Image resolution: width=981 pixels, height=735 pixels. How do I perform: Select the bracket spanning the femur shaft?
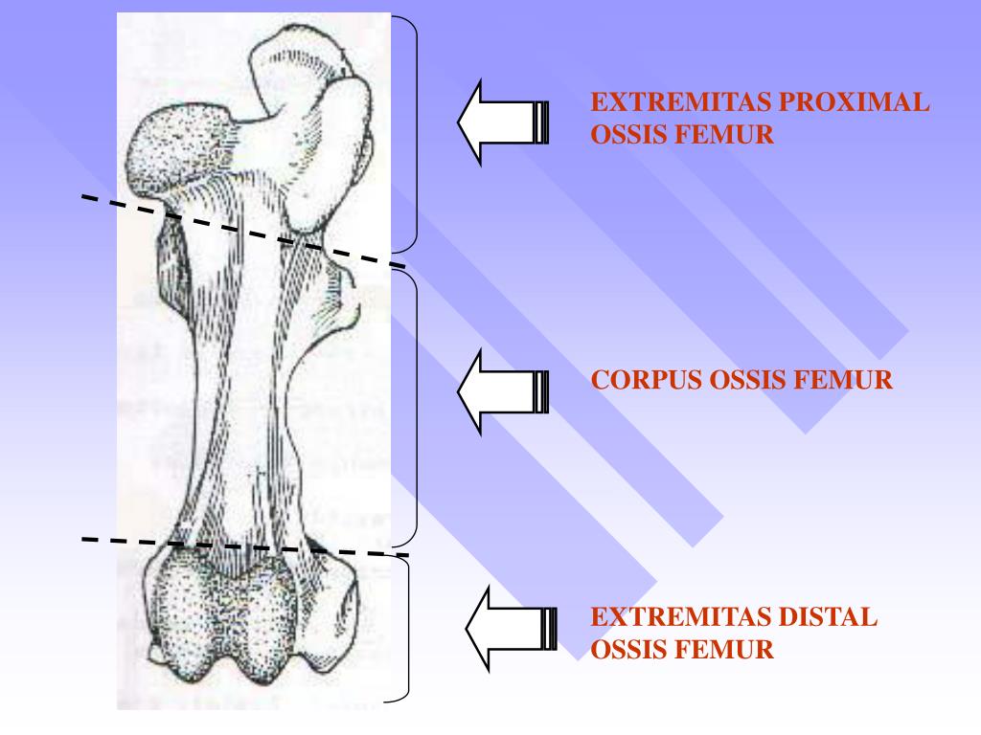pos(417,407)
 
